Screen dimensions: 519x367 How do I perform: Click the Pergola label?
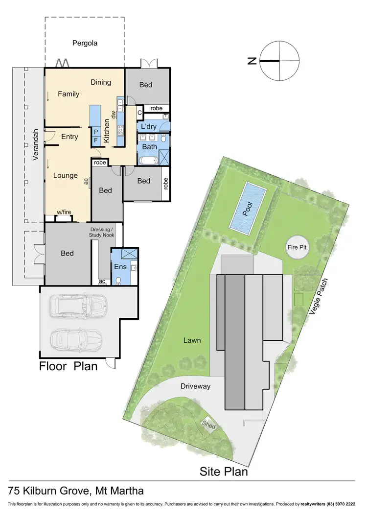tap(85, 43)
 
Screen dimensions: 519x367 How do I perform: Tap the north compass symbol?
tap(279, 61)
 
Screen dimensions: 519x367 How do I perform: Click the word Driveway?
tap(196, 386)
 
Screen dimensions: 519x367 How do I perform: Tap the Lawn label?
tap(192, 340)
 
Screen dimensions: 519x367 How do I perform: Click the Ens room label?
tap(120, 267)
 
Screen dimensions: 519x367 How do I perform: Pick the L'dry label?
tap(149, 127)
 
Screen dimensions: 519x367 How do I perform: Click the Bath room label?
tap(149, 146)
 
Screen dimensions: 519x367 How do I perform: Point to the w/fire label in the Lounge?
tap(64, 212)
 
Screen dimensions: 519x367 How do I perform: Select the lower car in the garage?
tap(76, 339)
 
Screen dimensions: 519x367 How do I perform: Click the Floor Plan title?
tap(68, 366)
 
